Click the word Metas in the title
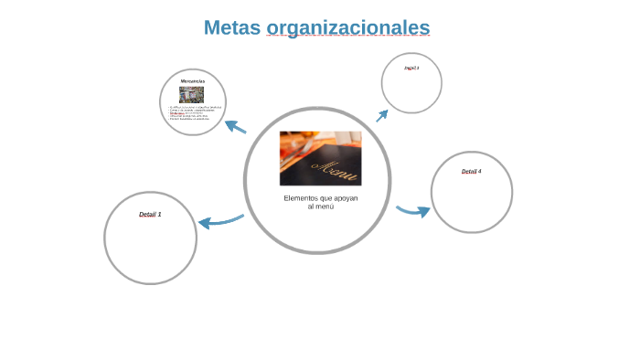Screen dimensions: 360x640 (231, 27)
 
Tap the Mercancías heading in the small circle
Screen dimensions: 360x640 (192, 81)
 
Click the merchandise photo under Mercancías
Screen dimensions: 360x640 (192, 94)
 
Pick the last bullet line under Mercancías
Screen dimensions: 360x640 (189, 120)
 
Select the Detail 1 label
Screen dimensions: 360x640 (150, 214)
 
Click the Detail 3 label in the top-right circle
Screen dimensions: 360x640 (411, 68)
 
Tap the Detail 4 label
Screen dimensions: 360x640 (471, 171)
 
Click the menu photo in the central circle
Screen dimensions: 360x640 (320, 158)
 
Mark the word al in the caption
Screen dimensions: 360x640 (311, 206)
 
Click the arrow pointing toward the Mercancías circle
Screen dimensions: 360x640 (235, 126)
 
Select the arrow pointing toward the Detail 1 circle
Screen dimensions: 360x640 (219, 220)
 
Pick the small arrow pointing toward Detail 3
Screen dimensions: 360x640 (382, 115)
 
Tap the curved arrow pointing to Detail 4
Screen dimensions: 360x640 (413, 211)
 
